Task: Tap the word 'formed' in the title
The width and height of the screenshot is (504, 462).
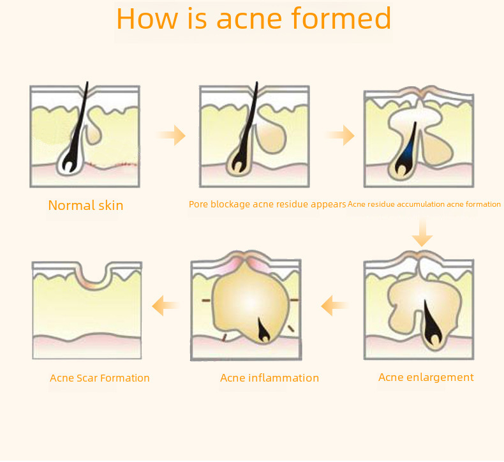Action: tap(341, 19)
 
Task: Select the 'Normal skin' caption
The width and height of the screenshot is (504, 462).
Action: tap(85, 205)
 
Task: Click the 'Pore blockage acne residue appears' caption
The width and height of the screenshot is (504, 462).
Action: tap(267, 205)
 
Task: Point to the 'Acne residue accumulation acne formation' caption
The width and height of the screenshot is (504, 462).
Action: tap(424, 205)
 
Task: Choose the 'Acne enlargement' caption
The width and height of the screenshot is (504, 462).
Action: tap(426, 377)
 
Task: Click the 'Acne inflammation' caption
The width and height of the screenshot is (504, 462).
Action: tap(269, 378)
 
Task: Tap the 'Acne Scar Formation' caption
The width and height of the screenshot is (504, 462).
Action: tap(100, 378)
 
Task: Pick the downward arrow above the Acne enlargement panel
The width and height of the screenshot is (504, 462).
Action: tap(422, 233)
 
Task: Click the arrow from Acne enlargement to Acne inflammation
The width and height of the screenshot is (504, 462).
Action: tap(334, 306)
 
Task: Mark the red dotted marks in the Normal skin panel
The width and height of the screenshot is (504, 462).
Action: tap(115, 165)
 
